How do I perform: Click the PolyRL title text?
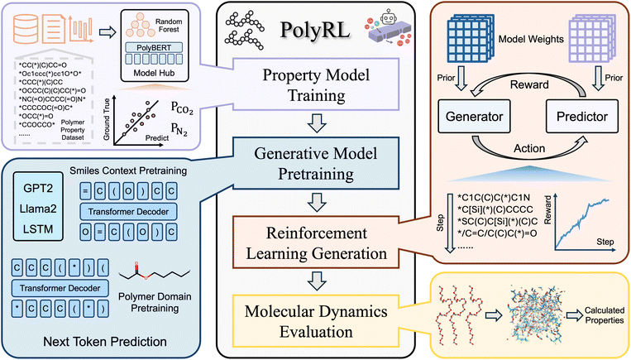pyautogui.click(x=315, y=32)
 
